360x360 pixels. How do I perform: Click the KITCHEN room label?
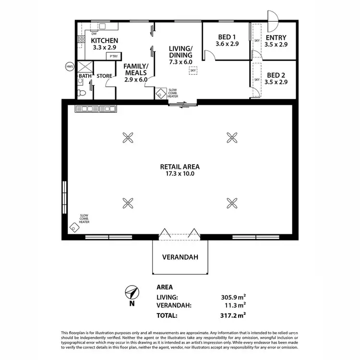[104, 41]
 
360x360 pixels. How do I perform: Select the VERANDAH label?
[180, 257]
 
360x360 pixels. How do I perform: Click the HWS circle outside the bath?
[70, 66]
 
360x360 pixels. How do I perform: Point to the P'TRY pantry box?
[113, 57]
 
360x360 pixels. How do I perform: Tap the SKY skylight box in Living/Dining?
[193, 71]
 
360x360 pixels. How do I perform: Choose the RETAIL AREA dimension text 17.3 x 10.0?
[180, 174]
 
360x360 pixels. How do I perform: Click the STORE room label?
[104, 76]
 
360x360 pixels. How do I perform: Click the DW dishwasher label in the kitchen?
[94, 34]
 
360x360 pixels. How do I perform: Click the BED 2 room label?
[276, 75]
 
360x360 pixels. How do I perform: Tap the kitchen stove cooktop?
[82, 40]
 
